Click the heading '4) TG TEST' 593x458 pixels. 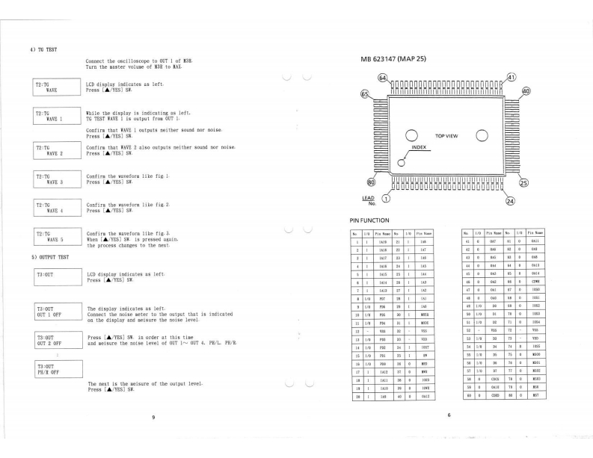click(44, 50)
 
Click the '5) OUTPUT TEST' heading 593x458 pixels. click(49, 257)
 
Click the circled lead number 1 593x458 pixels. click(386, 199)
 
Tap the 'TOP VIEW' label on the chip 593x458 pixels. click(449, 136)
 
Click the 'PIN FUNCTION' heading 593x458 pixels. click(370, 220)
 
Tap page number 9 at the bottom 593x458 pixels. click(153, 416)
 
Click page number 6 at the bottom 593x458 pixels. click(449, 415)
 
